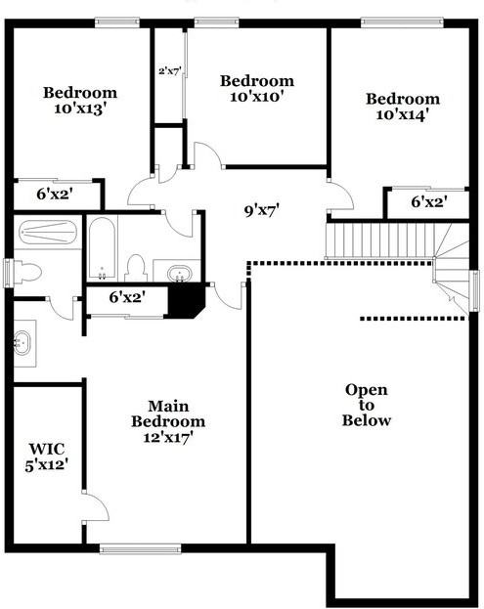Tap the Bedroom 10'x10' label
pyautogui.click(x=256, y=88)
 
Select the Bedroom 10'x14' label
pyautogui.click(x=403, y=106)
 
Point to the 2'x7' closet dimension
pyautogui.click(x=170, y=70)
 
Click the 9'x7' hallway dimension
pyautogui.click(x=261, y=208)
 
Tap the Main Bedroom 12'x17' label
pyautogui.click(x=168, y=421)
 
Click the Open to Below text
pyautogui.click(x=367, y=405)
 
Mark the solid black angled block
pyautogui.click(x=184, y=299)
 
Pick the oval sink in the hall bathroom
pyautogui.click(x=177, y=271)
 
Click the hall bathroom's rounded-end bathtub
pyautogui.click(x=102, y=246)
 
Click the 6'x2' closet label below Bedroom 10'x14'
pyautogui.click(x=427, y=202)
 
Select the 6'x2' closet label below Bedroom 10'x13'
pyautogui.click(x=56, y=194)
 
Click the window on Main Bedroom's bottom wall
pyautogui.click(x=140, y=548)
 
